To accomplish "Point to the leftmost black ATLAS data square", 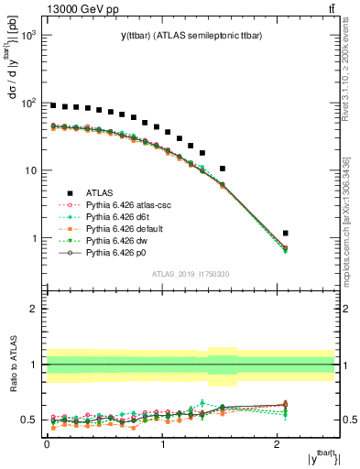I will [x=53, y=105].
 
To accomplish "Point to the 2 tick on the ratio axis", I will [x=34, y=309].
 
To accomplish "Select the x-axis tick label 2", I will [x=278, y=444].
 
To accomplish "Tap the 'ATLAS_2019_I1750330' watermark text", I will [x=191, y=274].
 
